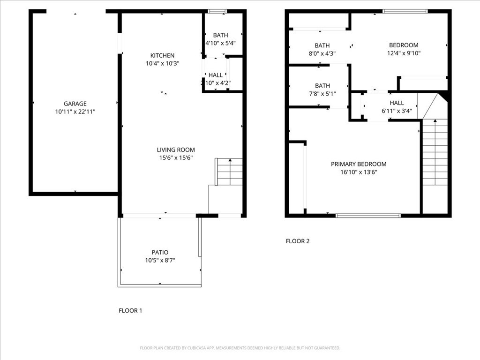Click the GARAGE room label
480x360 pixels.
click(x=75, y=104)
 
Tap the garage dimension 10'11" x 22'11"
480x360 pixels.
click(x=75, y=112)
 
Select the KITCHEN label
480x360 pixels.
click(x=162, y=55)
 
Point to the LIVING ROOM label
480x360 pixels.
click(x=176, y=150)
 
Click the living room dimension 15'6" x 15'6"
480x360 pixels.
click(x=176, y=158)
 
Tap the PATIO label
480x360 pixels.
click(x=160, y=252)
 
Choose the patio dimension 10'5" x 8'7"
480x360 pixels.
click(x=160, y=260)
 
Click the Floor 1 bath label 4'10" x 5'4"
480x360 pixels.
click(x=221, y=43)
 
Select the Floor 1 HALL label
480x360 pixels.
click(x=216, y=75)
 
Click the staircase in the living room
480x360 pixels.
click(x=230, y=172)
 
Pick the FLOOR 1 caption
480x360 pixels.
click(x=130, y=310)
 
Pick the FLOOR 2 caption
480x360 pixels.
click(x=298, y=241)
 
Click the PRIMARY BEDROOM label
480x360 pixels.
click(x=359, y=164)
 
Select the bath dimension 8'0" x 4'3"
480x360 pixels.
click(x=322, y=53)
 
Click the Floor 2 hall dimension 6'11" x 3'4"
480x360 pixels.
click(x=397, y=111)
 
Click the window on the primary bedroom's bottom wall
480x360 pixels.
click(x=368, y=216)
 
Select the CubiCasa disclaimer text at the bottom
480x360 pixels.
click(x=240, y=348)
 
